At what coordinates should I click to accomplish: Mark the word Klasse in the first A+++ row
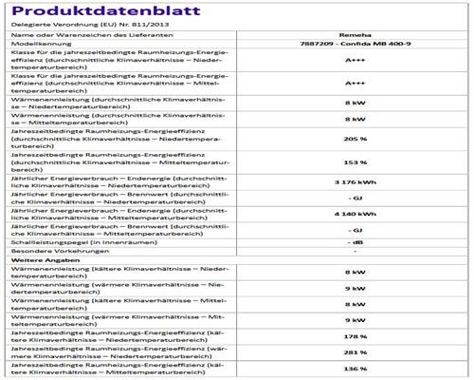click(x=18, y=54)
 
